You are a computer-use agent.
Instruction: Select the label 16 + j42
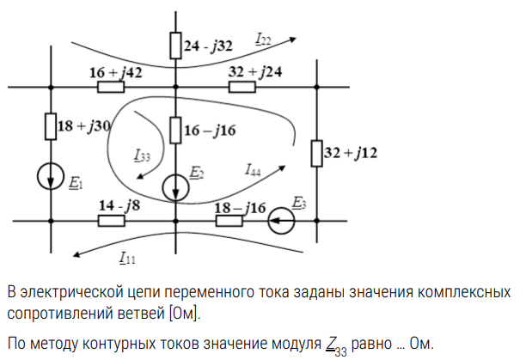click(115, 72)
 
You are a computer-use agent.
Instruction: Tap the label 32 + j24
click(256, 72)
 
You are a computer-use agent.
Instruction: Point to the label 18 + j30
click(84, 125)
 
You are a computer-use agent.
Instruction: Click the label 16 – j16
click(211, 130)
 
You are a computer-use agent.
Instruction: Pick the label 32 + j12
click(351, 153)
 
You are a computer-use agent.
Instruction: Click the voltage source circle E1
click(51, 178)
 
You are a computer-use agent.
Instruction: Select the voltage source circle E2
click(175, 185)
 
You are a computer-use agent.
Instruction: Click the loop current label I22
click(263, 38)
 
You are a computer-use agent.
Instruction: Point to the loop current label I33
click(142, 156)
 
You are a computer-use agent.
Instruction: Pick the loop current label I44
click(252, 168)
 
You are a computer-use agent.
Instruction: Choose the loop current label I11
click(127, 256)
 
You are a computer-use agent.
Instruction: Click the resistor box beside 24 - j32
click(174, 45)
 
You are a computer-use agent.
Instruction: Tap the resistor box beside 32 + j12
click(315, 153)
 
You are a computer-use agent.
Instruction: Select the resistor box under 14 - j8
click(111, 222)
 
